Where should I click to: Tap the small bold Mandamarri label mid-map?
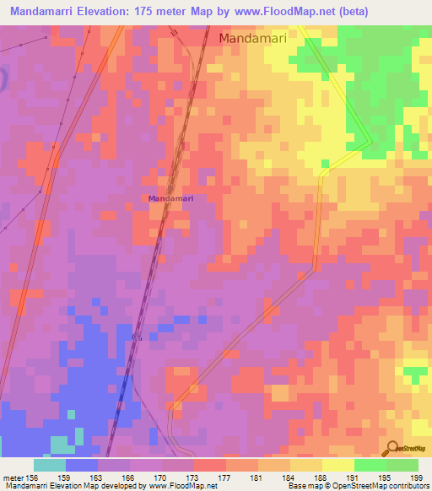pyautogui.click(x=171, y=198)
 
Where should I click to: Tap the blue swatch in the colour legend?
pyautogui.click(x=81, y=465)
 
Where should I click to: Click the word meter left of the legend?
pyautogui.click(x=13, y=478)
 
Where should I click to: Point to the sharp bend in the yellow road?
pyautogui.click(x=369, y=143)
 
